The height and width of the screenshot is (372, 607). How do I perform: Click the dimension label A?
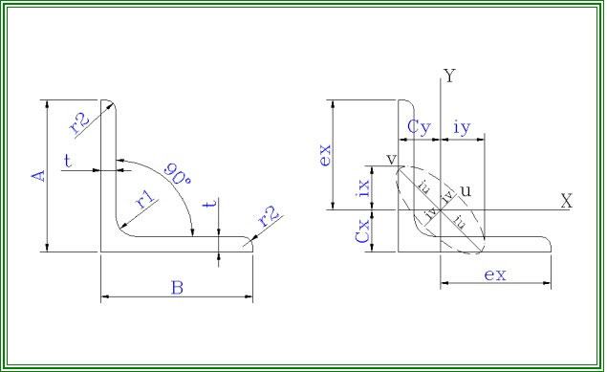[38, 175]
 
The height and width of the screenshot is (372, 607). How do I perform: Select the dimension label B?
[177, 288]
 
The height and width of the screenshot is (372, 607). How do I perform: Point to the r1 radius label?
[145, 200]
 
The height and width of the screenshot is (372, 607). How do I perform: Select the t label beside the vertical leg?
[68, 162]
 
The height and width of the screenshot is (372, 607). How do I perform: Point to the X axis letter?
[566, 202]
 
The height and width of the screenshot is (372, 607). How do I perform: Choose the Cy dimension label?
[419, 126]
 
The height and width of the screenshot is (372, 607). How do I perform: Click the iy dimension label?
[462, 126]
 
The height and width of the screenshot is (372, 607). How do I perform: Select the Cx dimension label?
[363, 230]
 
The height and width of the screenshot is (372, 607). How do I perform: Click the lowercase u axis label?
[466, 191]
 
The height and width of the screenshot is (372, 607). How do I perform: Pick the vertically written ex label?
[325, 154]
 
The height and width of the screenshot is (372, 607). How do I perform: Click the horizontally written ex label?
[495, 274]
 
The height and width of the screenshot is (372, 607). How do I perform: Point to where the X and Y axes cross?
[440, 208]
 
